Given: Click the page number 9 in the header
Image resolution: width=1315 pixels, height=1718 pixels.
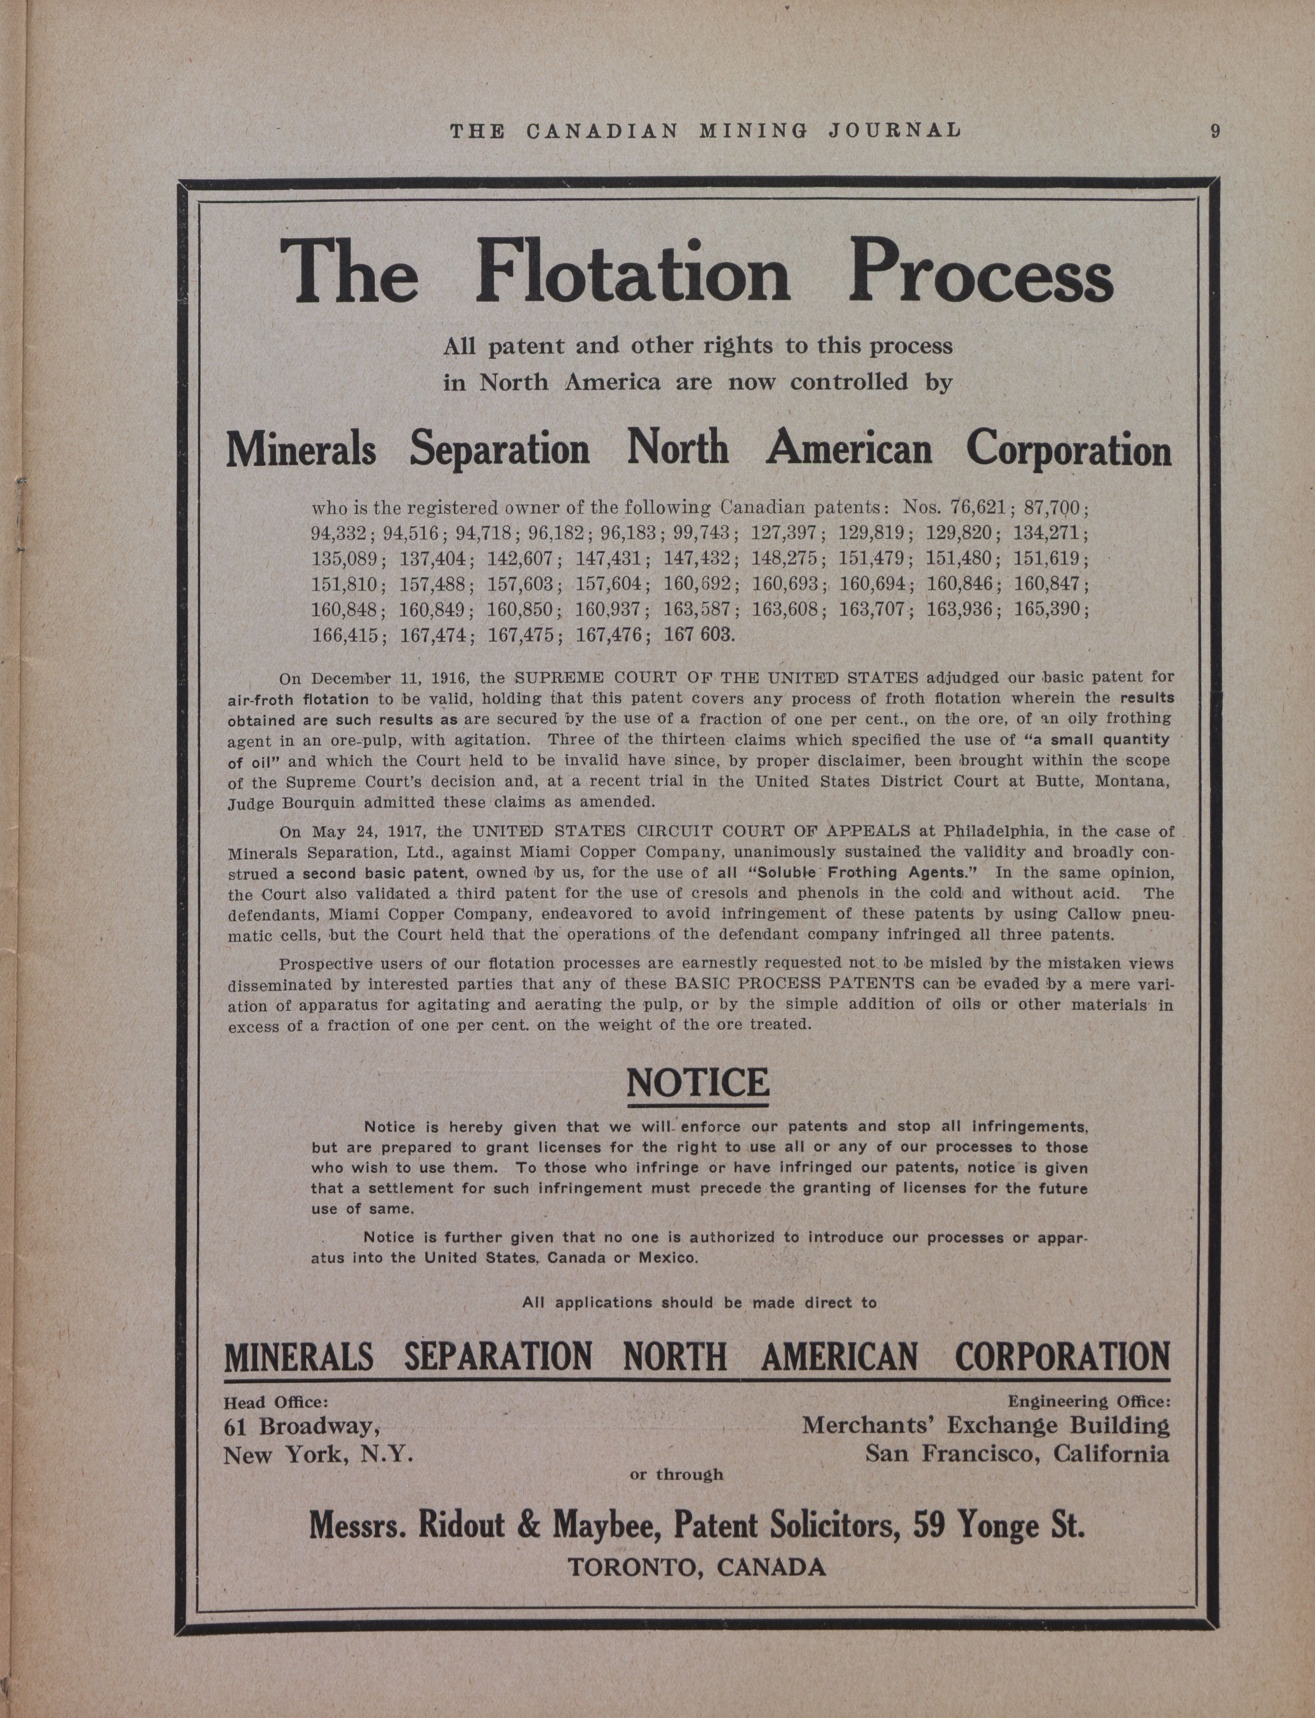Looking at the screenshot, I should (x=1215, y=131).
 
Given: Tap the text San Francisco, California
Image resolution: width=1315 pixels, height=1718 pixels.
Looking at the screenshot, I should (x=1017, y=1454).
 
